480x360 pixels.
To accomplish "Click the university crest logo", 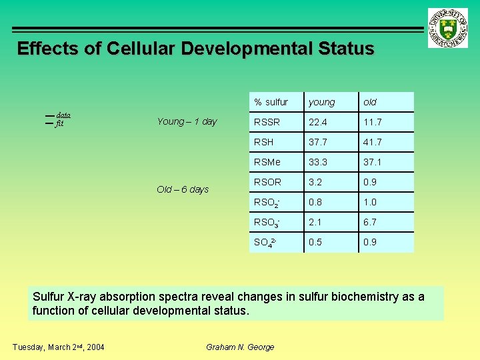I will [x=448, y=28].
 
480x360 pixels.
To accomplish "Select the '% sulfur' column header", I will [x=271, y=102].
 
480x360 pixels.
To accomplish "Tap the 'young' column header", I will [x=321, y=102].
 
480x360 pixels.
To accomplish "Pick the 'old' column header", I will [x=370, y=102].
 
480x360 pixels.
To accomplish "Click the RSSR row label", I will [x=267, y=122].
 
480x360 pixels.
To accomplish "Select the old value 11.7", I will [x=373, y=122].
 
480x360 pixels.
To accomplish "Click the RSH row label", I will [x=265, y=142].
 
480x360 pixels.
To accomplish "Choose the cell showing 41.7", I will [x=373, y=142].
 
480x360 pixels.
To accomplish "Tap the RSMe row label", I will [x=267, y=162].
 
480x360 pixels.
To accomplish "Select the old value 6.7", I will [x=370, y=222].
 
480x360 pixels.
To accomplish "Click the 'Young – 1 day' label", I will [x=187, y=121].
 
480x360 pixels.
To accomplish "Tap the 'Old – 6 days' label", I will [x=183, y=189].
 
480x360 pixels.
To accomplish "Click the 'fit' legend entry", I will [x=59, y=123].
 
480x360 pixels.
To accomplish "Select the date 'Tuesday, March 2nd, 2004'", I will [x=59, y=347].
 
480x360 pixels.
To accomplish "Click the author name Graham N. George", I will [x=240, y=347].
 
